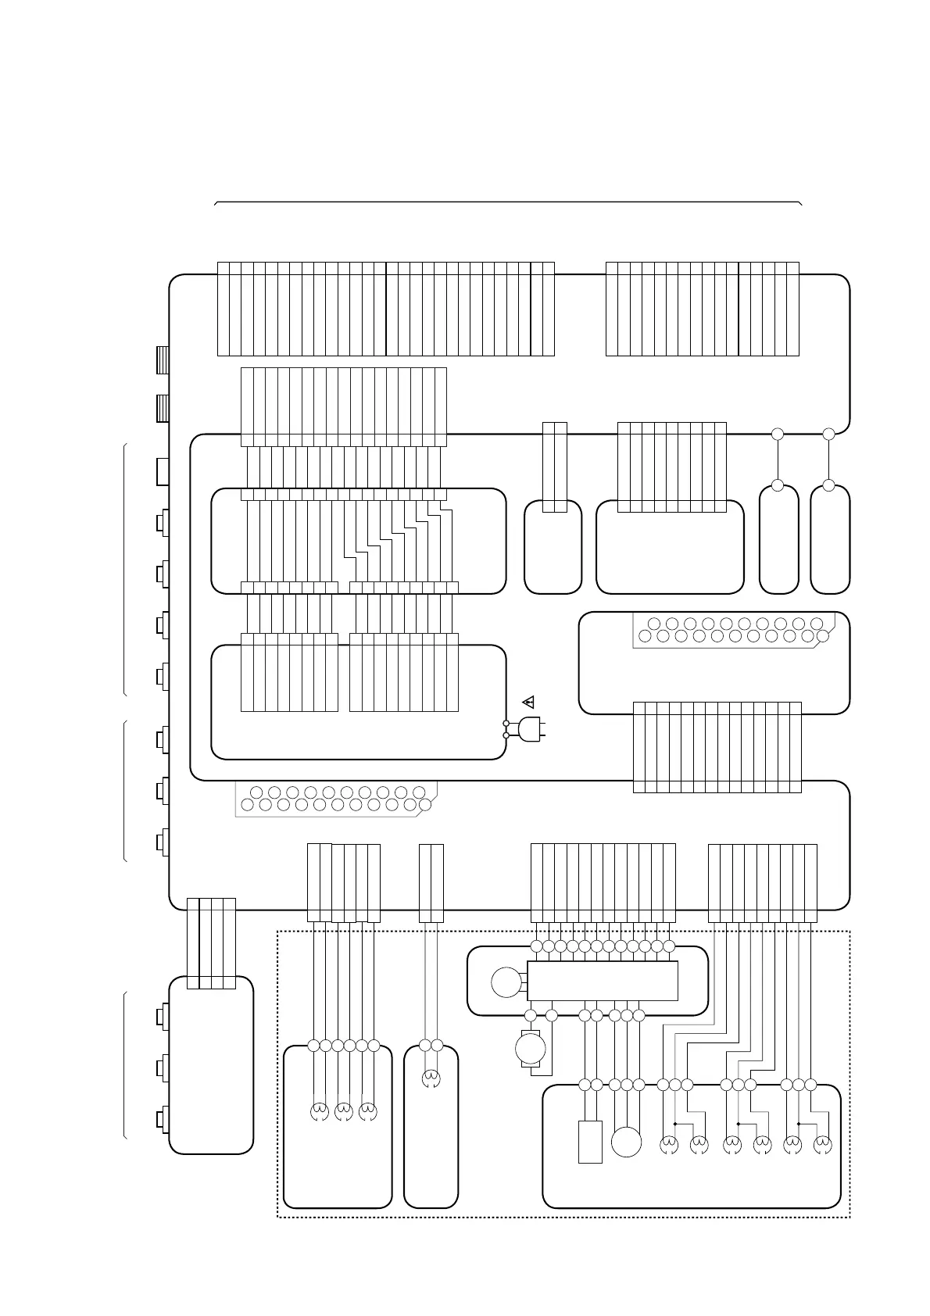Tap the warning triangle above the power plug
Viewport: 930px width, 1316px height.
pos(528,701)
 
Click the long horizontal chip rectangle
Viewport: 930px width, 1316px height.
pos(602,981)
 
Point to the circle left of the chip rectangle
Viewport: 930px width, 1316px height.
pos(506,982)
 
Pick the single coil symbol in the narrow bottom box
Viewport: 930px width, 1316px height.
pos(431,1079)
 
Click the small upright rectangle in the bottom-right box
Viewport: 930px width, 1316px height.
pos(590,1142)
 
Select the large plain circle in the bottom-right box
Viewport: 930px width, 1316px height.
pos(626,1142)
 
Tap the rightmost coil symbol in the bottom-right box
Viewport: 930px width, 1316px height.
pos(822,1145)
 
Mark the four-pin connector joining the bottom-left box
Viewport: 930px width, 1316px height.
pos(211,944)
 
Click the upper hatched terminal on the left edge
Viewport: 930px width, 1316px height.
pos(163,360)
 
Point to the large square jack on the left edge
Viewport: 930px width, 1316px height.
pos(163,471)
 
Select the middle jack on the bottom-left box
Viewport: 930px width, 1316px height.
pos(162,1067)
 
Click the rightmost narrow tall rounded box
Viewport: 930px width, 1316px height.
pos(830,539)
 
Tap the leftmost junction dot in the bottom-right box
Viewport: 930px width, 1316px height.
pos(674,1124)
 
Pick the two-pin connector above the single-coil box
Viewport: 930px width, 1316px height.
pos(431,883)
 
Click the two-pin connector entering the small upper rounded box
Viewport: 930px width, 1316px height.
pos(554,467)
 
